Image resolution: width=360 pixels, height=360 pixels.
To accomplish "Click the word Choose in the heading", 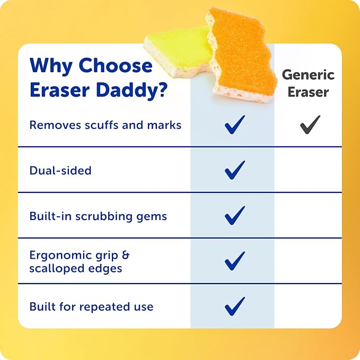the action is pos(116,65).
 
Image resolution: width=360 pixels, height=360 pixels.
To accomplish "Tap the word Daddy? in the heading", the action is pos(132,90).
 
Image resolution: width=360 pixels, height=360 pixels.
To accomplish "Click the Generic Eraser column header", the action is pos(308,83).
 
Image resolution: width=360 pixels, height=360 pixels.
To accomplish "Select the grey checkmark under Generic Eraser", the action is pos(310,125).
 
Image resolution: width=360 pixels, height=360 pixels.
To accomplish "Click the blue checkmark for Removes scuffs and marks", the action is pos(235,125).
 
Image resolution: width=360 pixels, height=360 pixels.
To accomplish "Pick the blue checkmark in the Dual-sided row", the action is pos(235,170).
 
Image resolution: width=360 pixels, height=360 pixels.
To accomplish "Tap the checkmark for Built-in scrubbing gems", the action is pos(235,216).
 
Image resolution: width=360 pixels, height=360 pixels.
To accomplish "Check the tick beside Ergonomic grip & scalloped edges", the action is pos(235,261).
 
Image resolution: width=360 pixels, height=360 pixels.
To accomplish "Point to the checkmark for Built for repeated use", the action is pos(235,306).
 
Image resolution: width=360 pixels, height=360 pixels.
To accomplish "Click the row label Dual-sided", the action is pos(60,171).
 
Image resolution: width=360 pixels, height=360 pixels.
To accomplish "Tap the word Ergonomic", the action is pos(60,256).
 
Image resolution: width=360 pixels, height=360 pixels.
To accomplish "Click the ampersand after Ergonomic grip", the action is pos(126,255).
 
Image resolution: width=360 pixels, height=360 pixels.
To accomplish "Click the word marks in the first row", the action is pos(164,125).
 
